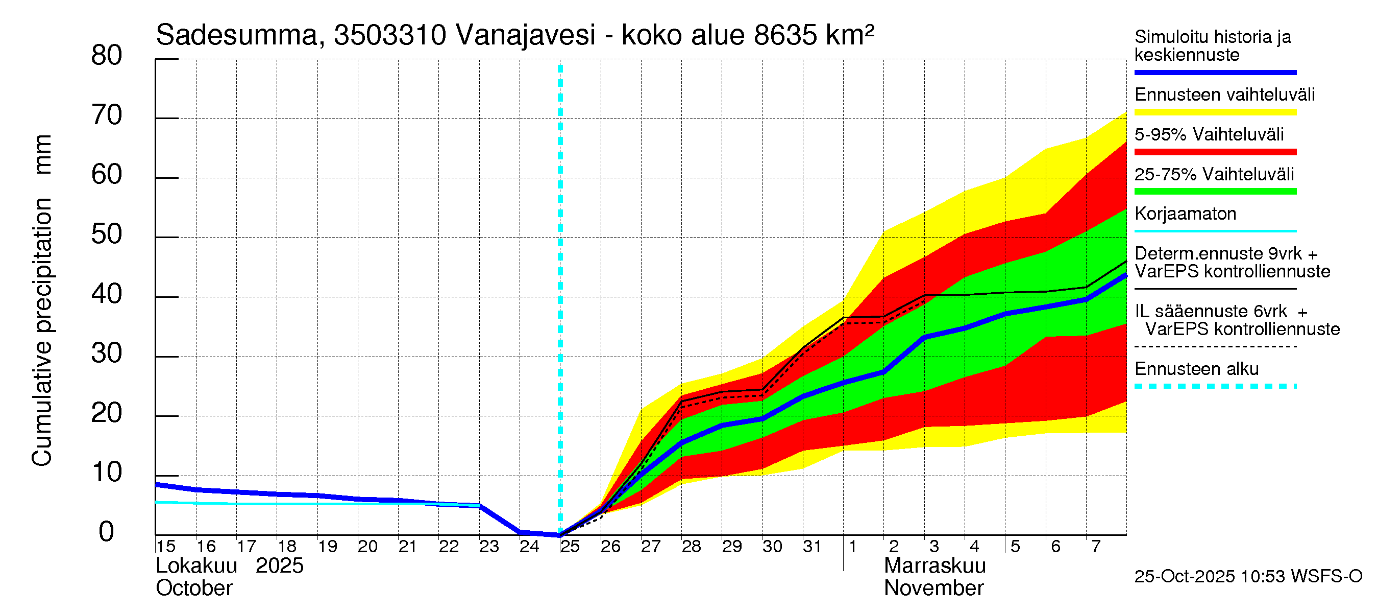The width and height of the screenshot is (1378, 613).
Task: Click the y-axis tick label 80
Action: point(107,56)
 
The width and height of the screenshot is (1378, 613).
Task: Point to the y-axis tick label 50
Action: point(107,234)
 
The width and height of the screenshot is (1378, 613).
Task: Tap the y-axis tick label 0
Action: point(107,532)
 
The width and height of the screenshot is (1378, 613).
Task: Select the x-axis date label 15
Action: point(166,546)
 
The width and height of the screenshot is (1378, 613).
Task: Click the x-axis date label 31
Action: point(812,546)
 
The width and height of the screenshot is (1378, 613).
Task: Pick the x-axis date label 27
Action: point(651,546)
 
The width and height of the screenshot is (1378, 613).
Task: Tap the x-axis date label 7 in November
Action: point(1096,546)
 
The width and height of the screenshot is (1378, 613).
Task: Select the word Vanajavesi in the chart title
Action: point(525,35)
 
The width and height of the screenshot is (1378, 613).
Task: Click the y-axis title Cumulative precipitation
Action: point(42,332)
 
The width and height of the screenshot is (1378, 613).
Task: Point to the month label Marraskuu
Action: point(934,565)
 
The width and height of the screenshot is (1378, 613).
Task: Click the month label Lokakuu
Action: point(196,565)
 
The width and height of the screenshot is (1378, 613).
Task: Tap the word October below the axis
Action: point(194,588)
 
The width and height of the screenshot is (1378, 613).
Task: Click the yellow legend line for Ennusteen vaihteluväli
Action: point(1215,112)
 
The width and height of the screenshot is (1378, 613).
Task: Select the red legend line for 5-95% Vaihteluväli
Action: point(1215,152)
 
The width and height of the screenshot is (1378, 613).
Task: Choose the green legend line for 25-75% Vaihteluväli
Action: point(1215,192)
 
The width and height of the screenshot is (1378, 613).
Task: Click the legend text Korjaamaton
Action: point(1185,214)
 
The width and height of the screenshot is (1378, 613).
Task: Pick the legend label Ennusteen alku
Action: point(1196,369)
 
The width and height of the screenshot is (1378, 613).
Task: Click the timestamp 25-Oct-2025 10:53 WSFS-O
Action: point(1248,576)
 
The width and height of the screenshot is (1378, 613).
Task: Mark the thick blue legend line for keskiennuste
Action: point(1215,72)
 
